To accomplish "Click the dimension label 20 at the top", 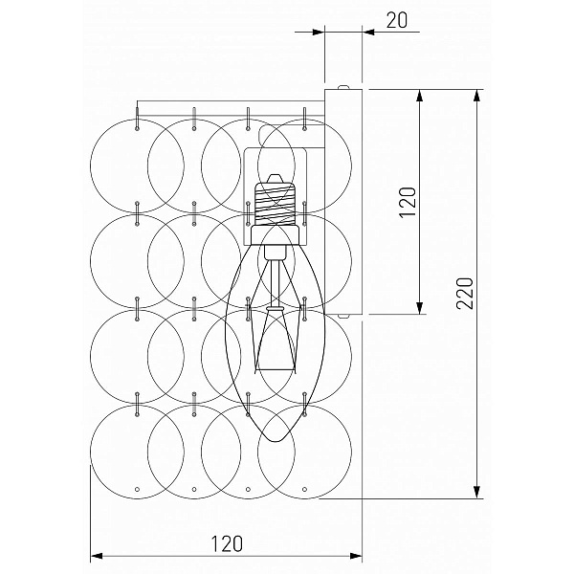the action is point(396,20).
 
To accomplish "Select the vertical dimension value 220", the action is point(465,294).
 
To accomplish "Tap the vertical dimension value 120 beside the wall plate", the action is point(408,203).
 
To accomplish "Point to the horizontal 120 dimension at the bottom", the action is point(227,543).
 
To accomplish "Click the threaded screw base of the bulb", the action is point(275,204).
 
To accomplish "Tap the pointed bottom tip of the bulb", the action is point(276,441).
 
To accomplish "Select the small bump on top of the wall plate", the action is point(343,87).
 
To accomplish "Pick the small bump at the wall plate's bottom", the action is point(343,316).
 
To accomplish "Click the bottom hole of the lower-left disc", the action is point(137,489).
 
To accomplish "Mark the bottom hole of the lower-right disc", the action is point(304,489).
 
